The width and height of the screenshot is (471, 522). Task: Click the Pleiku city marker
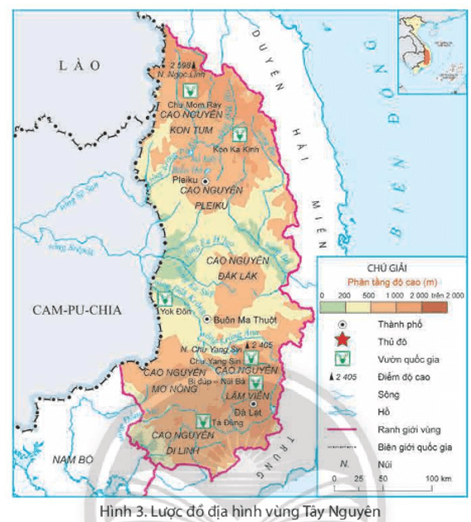[x=206, y=180]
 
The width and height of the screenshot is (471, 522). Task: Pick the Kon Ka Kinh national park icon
[x=240, y=133]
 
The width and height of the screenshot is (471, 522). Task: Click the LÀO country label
[x=75, y=65]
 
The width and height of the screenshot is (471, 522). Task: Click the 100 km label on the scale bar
[x=438, y=479]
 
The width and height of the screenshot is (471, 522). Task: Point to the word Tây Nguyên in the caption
[x=344, y=510]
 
